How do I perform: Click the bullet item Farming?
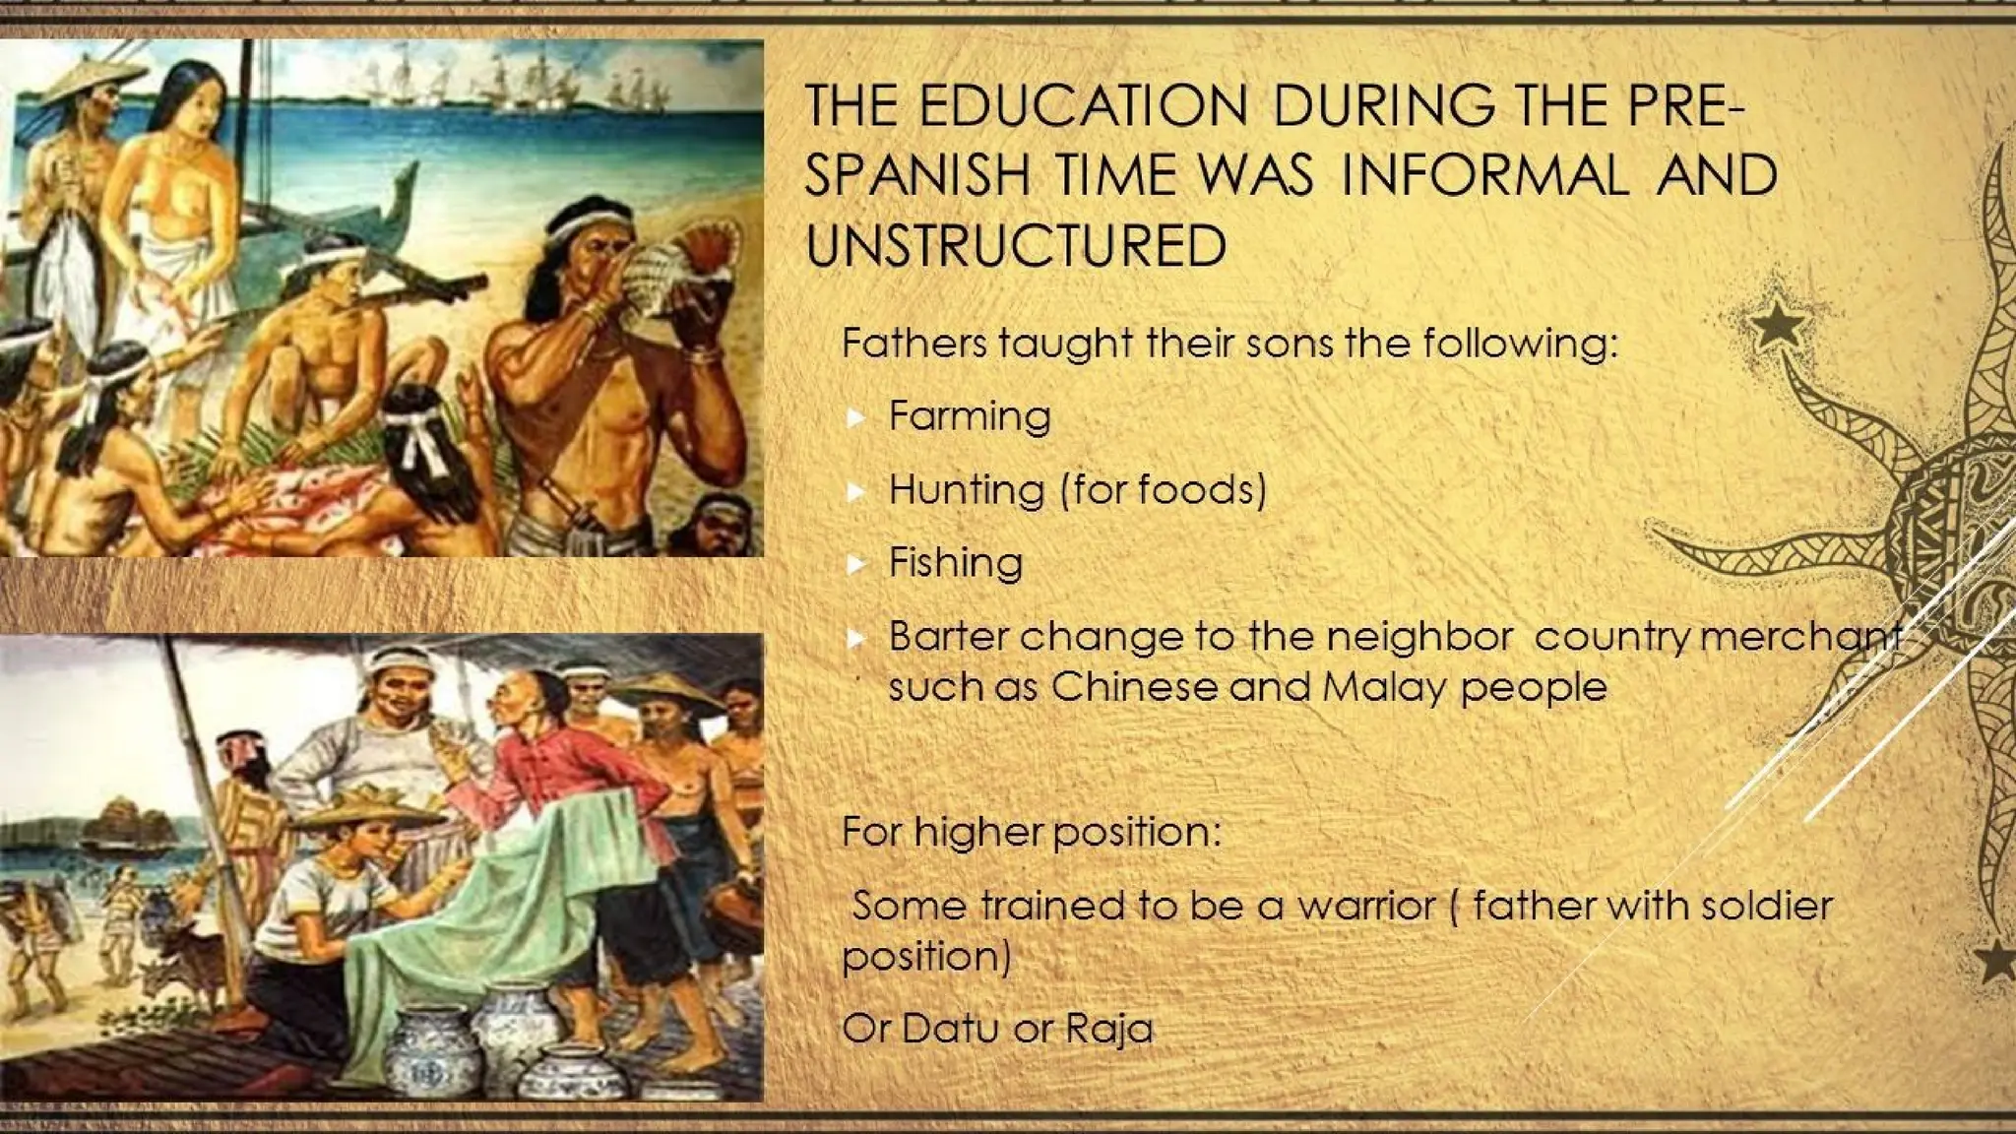coord(969,416)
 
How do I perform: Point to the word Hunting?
coord(966,490)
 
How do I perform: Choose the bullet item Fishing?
coord(955,563)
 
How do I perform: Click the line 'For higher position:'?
coord(1031,833)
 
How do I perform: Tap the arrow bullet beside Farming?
coord(856,418)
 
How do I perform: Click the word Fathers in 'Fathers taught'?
coord(914,344)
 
